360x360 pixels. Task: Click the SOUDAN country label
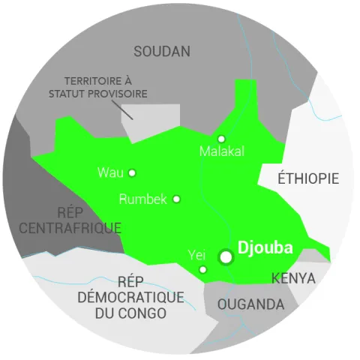pyautogui.click(x=161, y=52)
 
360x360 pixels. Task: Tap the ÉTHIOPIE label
pyautogui.click(x=308, y=178)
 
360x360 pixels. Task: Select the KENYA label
pyautogui.click(x=293, y=278)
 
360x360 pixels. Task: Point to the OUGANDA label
pyautogui.click(x=250, y=304)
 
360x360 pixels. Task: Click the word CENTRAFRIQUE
pyautogui.click(x=70, y=227)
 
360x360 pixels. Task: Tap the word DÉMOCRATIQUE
pyautogui.click(x=131, y=297)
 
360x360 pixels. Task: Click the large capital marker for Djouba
pyautogui.click(x=226, y=257)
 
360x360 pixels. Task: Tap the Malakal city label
pyautogui.click(x=222, y=151)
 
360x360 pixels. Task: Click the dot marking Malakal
pyautogui.click(x=221, y=139)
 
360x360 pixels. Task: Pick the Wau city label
pyautogui.click(x=109, y=172)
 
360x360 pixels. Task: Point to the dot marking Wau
pyautogui.click(x=132, y=172)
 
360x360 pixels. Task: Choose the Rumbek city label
pyautogui.click(x=142, y=199)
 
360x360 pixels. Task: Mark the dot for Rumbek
pyautogui.click(x=176, y=199)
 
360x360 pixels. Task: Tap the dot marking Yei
pyautogui.click(x=202, y=269)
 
